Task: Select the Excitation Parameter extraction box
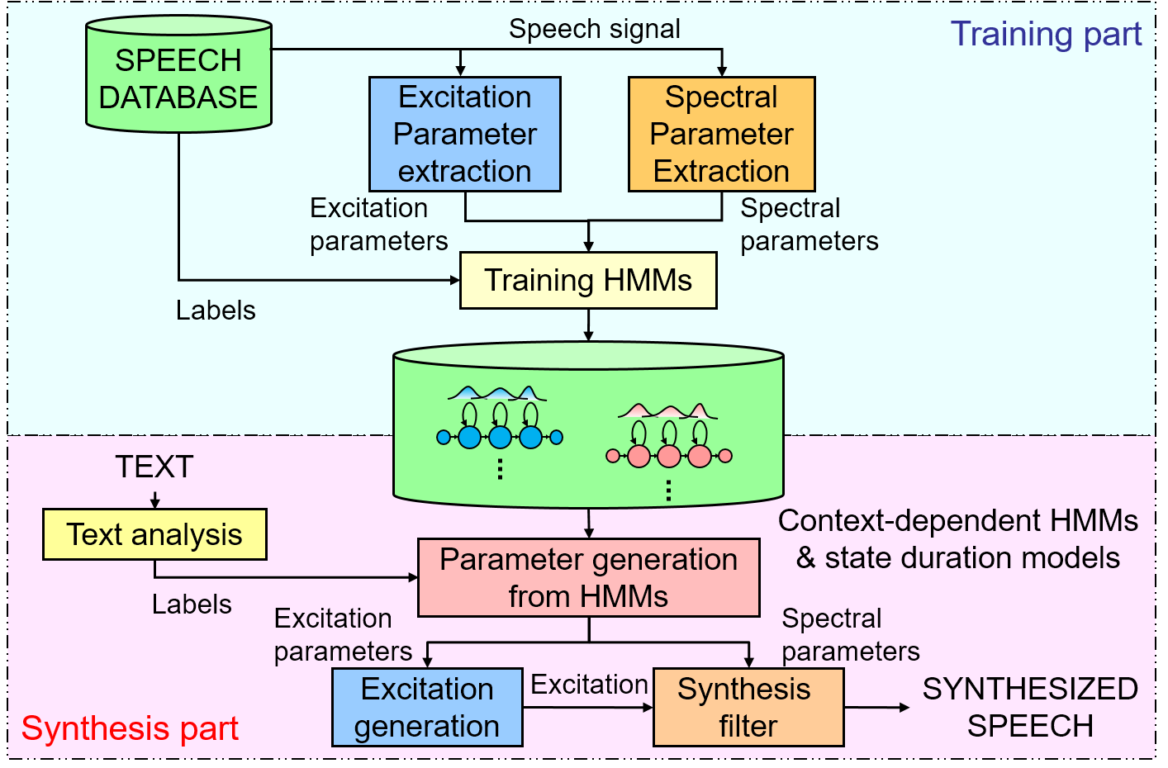pos(465,134)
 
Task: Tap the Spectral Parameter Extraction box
pos(721,134)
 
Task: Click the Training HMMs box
pos(587,281)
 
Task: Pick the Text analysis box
pos(154,534)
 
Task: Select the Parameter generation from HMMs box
pos(588,577)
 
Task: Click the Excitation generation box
pos(427,707)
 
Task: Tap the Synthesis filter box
pos(748,707)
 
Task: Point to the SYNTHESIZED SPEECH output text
pos(1029,707)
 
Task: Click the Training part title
pos(1046,35)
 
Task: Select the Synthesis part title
pos(130,728)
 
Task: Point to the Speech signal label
pos(595,29)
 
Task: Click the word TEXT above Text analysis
pos(154,467)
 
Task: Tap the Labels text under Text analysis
pos(192,604)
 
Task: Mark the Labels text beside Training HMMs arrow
pos(216,311)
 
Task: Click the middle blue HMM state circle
pos(500,437)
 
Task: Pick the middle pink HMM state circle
pos(669,456)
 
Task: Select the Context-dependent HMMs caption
pos(958,538)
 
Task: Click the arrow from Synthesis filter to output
pos(876,707)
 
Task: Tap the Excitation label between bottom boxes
pos(589,685)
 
